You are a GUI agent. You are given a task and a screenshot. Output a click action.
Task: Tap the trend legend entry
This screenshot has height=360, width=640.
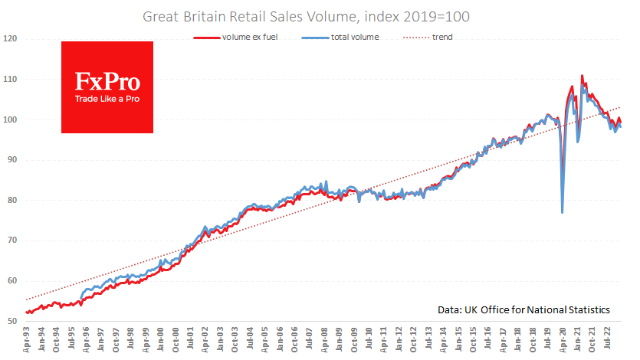[x=440, y=36]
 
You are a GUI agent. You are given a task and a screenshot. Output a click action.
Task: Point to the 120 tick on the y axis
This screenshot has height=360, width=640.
[x=10, y=38]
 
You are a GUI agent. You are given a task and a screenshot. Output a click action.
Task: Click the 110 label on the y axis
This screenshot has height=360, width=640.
[x=10, y=79]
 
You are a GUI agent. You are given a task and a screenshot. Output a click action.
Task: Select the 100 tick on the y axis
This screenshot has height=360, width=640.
[x=10, y=119]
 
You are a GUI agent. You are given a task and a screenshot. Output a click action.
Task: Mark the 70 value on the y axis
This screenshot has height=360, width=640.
[x=11, y=241]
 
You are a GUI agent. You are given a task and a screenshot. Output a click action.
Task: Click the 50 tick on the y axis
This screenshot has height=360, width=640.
[x=11, y=321]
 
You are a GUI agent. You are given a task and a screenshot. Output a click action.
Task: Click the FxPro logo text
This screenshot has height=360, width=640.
[x=107, y=81]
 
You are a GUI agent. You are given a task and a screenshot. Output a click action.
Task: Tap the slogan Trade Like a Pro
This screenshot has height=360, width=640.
[x=107, y=99]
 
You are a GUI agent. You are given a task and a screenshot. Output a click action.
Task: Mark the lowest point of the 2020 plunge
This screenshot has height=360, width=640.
[x=563, y=212]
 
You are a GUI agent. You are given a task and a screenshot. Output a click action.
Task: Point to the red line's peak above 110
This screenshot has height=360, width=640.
[x=583, y=76]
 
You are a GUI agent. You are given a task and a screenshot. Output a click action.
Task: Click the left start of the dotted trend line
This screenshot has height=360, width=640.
[x=27, y=299]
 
